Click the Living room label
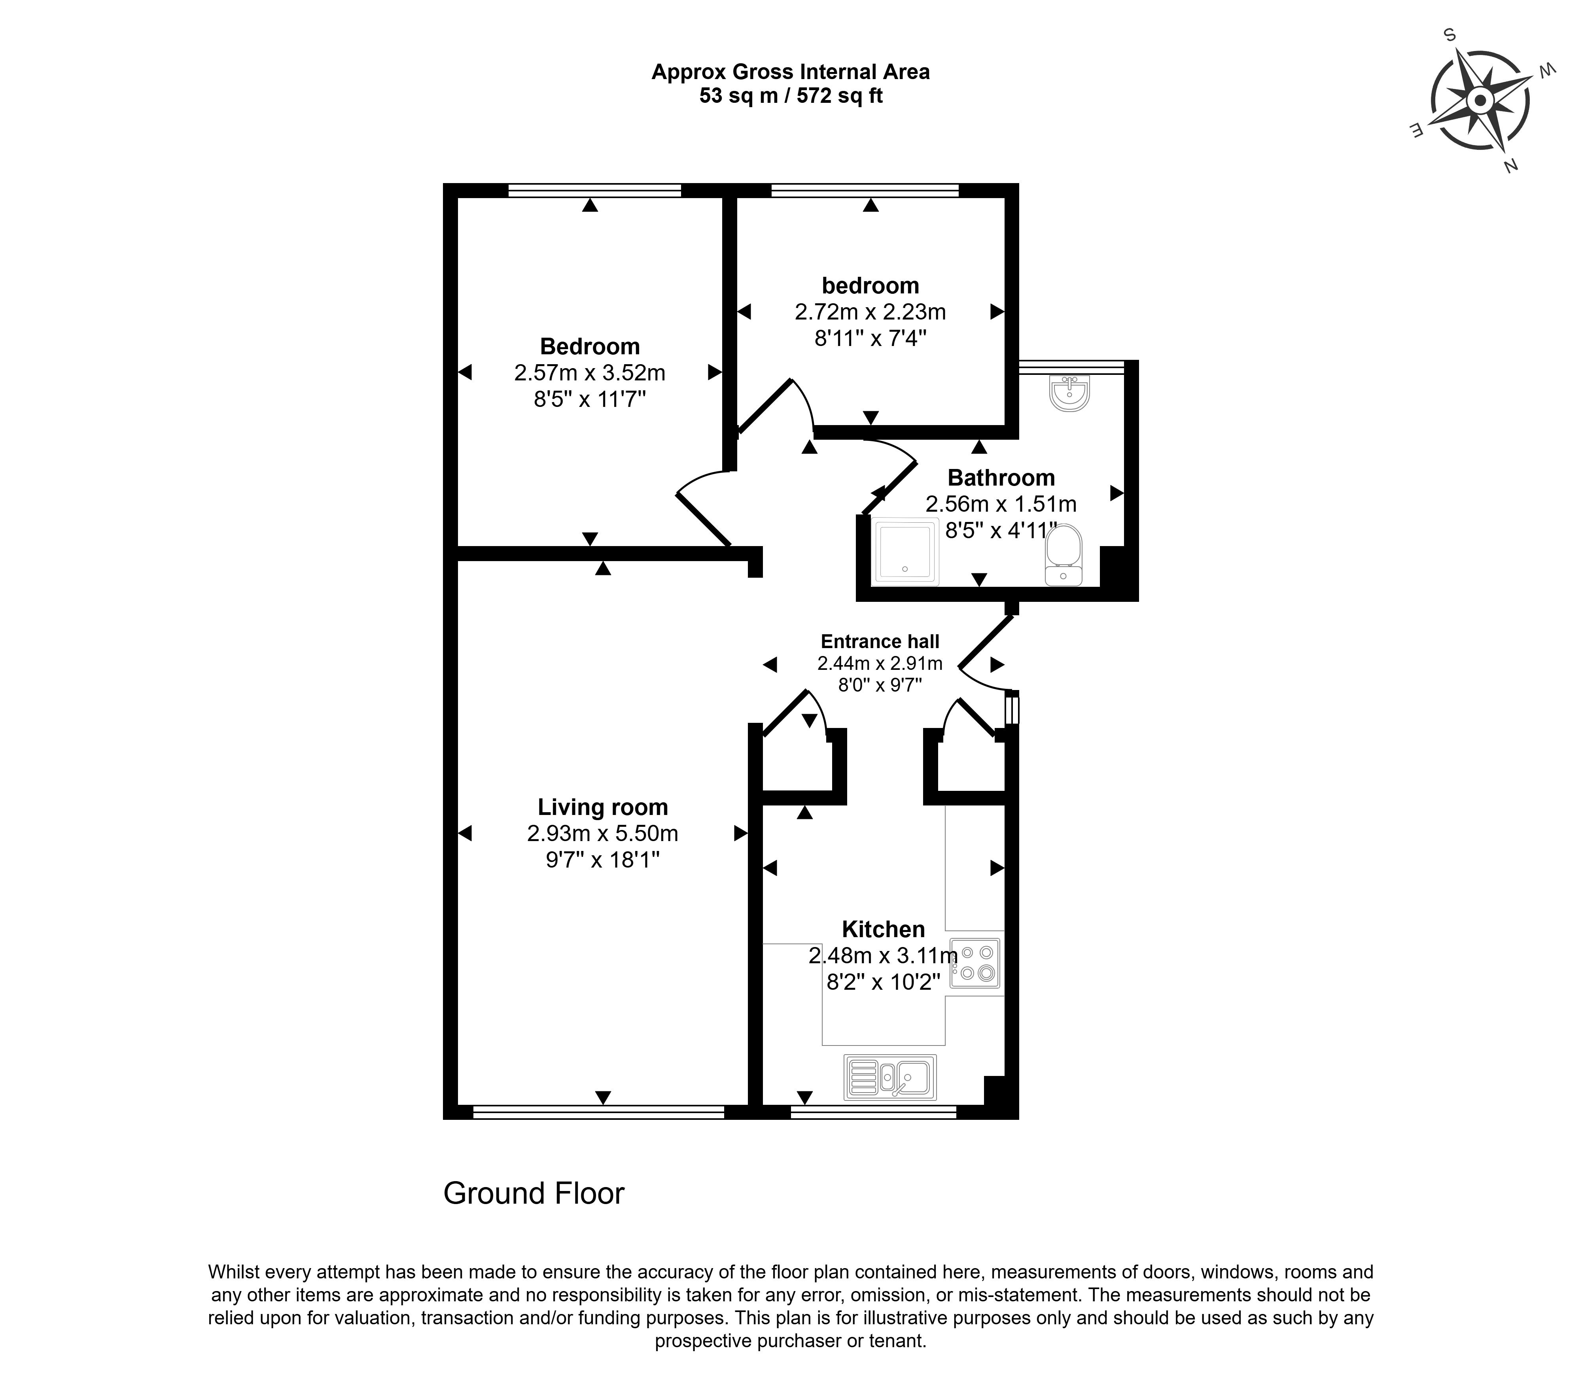pyautogui.click(x=602, y=807)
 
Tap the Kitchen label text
pyautogui.click(x=883, y=929)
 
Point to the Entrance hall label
pyautogui.click(x=880, y=642)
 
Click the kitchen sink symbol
pyautogui.click(x=890, y=1077)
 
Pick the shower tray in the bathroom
pyautogui.click(x=906, y=551)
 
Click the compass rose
pyautogui.click(x=1480, y=100)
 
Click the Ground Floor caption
pyautogui.click(x=534, y=1193)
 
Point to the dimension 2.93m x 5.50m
pyautogui.click(x=602, y=834)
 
